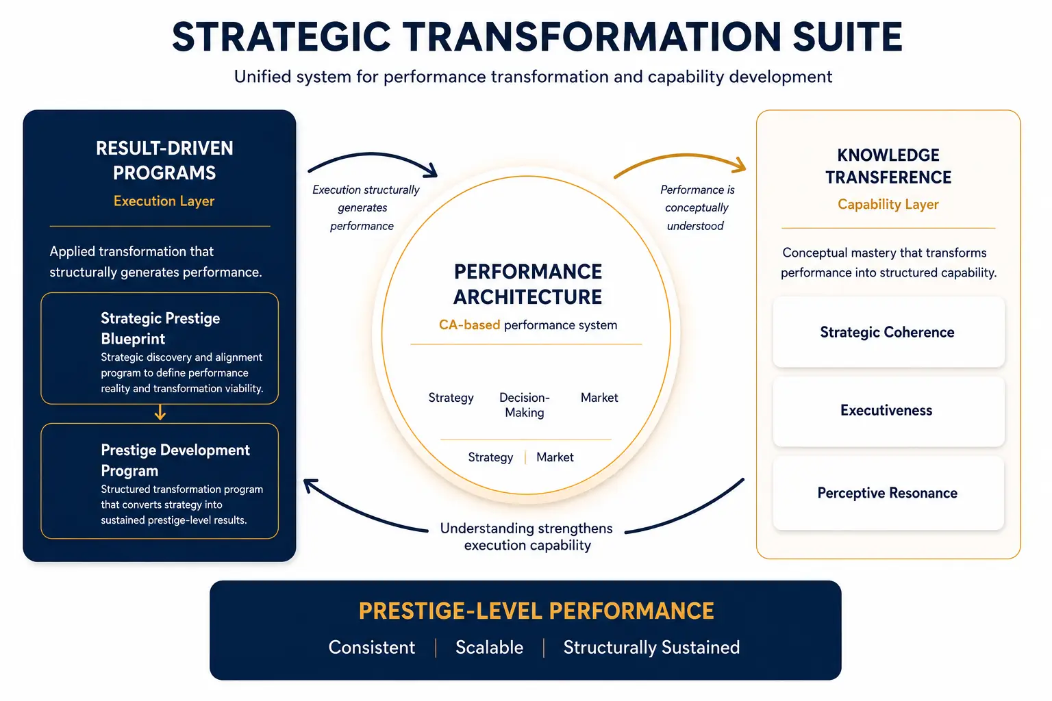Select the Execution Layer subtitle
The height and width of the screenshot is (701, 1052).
[x=164, y=201]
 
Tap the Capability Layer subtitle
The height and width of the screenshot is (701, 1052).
[x=888, y=204]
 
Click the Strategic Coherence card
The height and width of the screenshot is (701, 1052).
[x=888, y=332]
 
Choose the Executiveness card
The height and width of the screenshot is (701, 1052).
[x=888, y=411]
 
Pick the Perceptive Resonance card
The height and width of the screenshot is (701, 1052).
[x=888, y=493]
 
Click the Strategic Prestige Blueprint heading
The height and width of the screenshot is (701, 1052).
[x=161, y=328]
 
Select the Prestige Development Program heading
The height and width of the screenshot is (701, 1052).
[x=175, y=460]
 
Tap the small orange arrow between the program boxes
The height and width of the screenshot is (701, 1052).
[x=160, y=412]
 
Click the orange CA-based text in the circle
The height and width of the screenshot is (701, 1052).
[x=469, y=325]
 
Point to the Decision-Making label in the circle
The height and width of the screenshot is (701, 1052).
[x=524, y=405]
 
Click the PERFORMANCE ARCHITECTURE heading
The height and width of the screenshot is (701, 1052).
[x=527, y=284]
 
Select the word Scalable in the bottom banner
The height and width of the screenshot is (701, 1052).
[x=490, y=648]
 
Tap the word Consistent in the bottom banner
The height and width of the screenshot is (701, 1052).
[x=371, y=648]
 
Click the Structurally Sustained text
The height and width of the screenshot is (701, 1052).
[x=651, y=648]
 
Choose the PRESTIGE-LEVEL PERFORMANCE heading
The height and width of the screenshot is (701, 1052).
[x=536, y=611]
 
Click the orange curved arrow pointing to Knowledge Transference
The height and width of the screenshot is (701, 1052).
[x=682, y=155]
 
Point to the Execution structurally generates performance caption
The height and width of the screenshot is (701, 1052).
[x=365, y=207]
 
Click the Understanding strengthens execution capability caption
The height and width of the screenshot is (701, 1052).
[x=527, y=537]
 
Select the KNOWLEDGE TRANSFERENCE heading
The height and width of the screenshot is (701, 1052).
[x=888, y=166]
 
